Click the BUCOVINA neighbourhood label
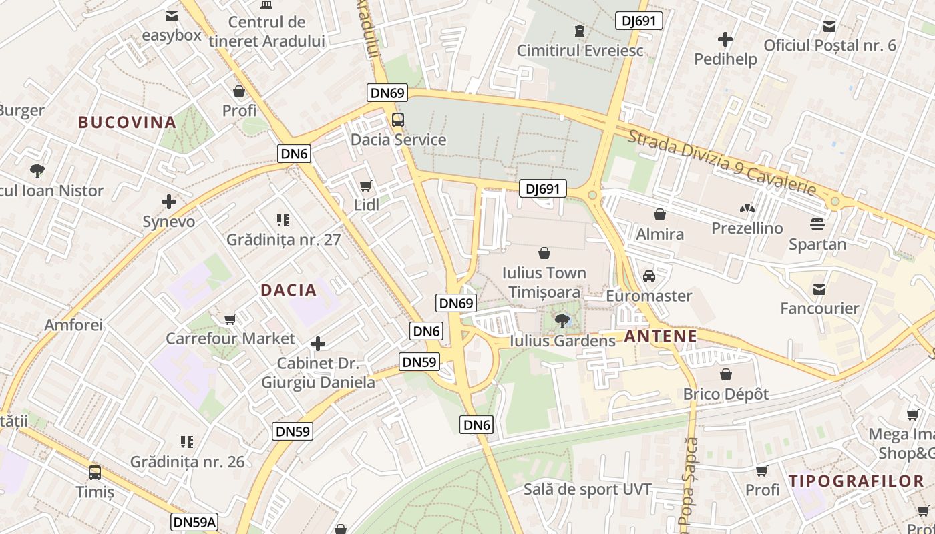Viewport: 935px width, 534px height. coord(127,123)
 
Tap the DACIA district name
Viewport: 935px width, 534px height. coord(289,290)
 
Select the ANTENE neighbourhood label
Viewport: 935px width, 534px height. coord(661,336)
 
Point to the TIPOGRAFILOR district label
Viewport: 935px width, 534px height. coord(856,481)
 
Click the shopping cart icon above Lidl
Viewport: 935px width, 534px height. coord(365,186)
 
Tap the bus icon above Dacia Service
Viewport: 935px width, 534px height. coord(397,120)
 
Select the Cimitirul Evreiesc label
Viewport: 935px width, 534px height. coord(580,51)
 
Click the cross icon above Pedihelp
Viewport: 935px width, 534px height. coord(725,39)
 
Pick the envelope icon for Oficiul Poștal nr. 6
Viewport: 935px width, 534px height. coord(829,27)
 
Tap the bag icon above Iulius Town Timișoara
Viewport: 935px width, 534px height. coord(544,253)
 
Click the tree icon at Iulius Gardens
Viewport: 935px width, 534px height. coord(562,321)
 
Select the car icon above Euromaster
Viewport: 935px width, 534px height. coord(648,276)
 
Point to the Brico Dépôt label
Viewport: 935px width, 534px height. coord(725,394)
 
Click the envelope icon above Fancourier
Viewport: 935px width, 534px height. coord(819,290)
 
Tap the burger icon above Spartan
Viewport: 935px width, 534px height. coord(817,224)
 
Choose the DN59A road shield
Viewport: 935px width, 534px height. coord(194,522)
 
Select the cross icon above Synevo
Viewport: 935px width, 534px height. coord(169,202)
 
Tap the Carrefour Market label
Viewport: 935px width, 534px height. coord(230,338)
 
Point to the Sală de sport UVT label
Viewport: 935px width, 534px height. coord(587,489)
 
